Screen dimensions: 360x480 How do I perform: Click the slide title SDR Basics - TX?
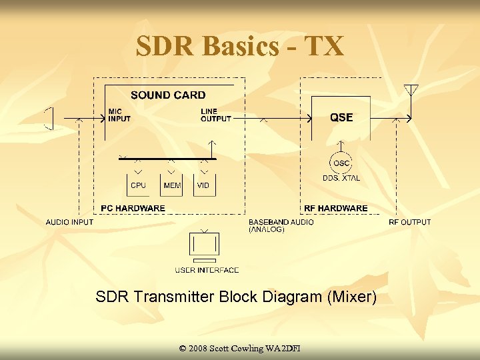pyautogui.click(x=240, y=46)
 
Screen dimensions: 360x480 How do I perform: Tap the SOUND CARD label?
pyautogui.click(x=168, y=95)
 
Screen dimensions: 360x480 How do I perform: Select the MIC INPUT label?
pyautogui.click(x=119, y=115)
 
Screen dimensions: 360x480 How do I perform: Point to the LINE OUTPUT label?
pyautogui.click(x=216, y=115)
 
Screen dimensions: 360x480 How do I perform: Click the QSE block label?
pyautogui.click(x=341, y=118)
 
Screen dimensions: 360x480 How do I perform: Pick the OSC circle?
pyautogui.click(x=341, y=163)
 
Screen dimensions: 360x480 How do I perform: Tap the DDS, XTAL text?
pyautogui.click(x=341, y=178)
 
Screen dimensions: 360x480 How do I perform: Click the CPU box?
pyautogui.click(x=138, y=185)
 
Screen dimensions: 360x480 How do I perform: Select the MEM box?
pyautogui.click(x=171, y=185)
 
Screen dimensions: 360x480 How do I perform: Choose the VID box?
pyautogui.click(x=204, y=185)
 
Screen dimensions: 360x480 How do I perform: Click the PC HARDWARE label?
pyautogui.click(x=133, y=209)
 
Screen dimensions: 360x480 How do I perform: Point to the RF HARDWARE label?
pyautogui.click(x=336, y=209)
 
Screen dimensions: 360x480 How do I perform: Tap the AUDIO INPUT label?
pyautogui.click(x=69, y=222)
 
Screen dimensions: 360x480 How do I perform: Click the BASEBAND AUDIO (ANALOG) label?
pyautogui.click(x=281, y=225)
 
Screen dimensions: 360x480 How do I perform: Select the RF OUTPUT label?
pyautogui.click(x=409, y=222)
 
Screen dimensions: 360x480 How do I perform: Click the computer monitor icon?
pyautogui.click(x=204, y=246)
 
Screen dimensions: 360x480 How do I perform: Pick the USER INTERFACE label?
pyautogui.click(x=207, y=270)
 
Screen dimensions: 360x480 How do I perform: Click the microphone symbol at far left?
pyautogui.click(x=48, y=119)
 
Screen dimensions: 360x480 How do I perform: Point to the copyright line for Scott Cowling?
pyautogui.click(x=240, y=349)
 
